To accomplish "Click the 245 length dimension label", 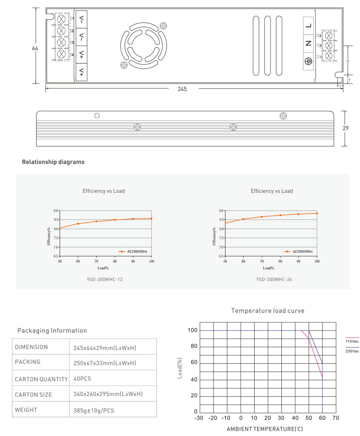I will coord(182,89).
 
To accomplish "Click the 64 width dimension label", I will coord(35,48).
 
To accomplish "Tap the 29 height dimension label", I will coord(346,128).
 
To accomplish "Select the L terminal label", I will coord(308,26).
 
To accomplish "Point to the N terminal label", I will coord(308,43).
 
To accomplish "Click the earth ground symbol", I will coord(308,61).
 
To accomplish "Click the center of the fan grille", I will coord(144,46).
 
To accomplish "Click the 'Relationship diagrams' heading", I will coord(53,162).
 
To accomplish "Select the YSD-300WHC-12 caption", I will coord(105,279).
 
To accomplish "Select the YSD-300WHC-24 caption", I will coord(274,279).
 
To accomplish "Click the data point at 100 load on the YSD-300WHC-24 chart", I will coord(317,213).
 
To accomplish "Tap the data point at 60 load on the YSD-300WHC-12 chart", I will coord(78,224).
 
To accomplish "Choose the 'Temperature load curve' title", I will coord(268,311).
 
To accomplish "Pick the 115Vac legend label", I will coord(352,341).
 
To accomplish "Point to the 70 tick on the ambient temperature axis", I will coord(336,418).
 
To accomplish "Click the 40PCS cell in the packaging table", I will coord(82,378).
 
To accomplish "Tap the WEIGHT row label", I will coord(26,410).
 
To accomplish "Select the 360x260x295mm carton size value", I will coord(108,394).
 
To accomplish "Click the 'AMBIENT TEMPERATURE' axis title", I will coord(264,429).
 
